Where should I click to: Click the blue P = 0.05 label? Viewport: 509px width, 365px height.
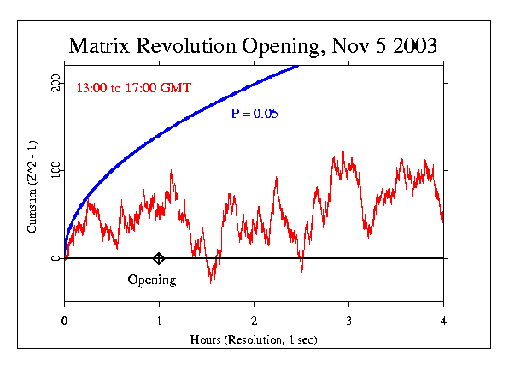[x=254, y=113]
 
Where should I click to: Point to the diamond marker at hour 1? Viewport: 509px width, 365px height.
[x=159, y=258]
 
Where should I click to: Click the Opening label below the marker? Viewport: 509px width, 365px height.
[x=151, y=280]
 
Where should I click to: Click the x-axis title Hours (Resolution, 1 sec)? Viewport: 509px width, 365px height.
[x=254, y=339]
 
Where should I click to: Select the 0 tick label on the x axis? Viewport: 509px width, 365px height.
[x=64, y=320]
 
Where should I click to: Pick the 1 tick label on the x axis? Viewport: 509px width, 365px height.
[x=159, y=320]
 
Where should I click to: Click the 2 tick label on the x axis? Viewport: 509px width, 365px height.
[x=254, y=320]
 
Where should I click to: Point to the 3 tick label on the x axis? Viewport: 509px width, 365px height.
[x=348, y=320]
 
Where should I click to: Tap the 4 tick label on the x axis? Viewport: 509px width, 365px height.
[x=443, y=320]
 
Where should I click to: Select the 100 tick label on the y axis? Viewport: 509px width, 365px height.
[x=55, y=170]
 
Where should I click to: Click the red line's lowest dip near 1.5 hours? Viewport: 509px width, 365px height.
[x=211, y=280]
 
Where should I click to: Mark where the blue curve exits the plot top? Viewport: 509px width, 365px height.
[x=297, y=65]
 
